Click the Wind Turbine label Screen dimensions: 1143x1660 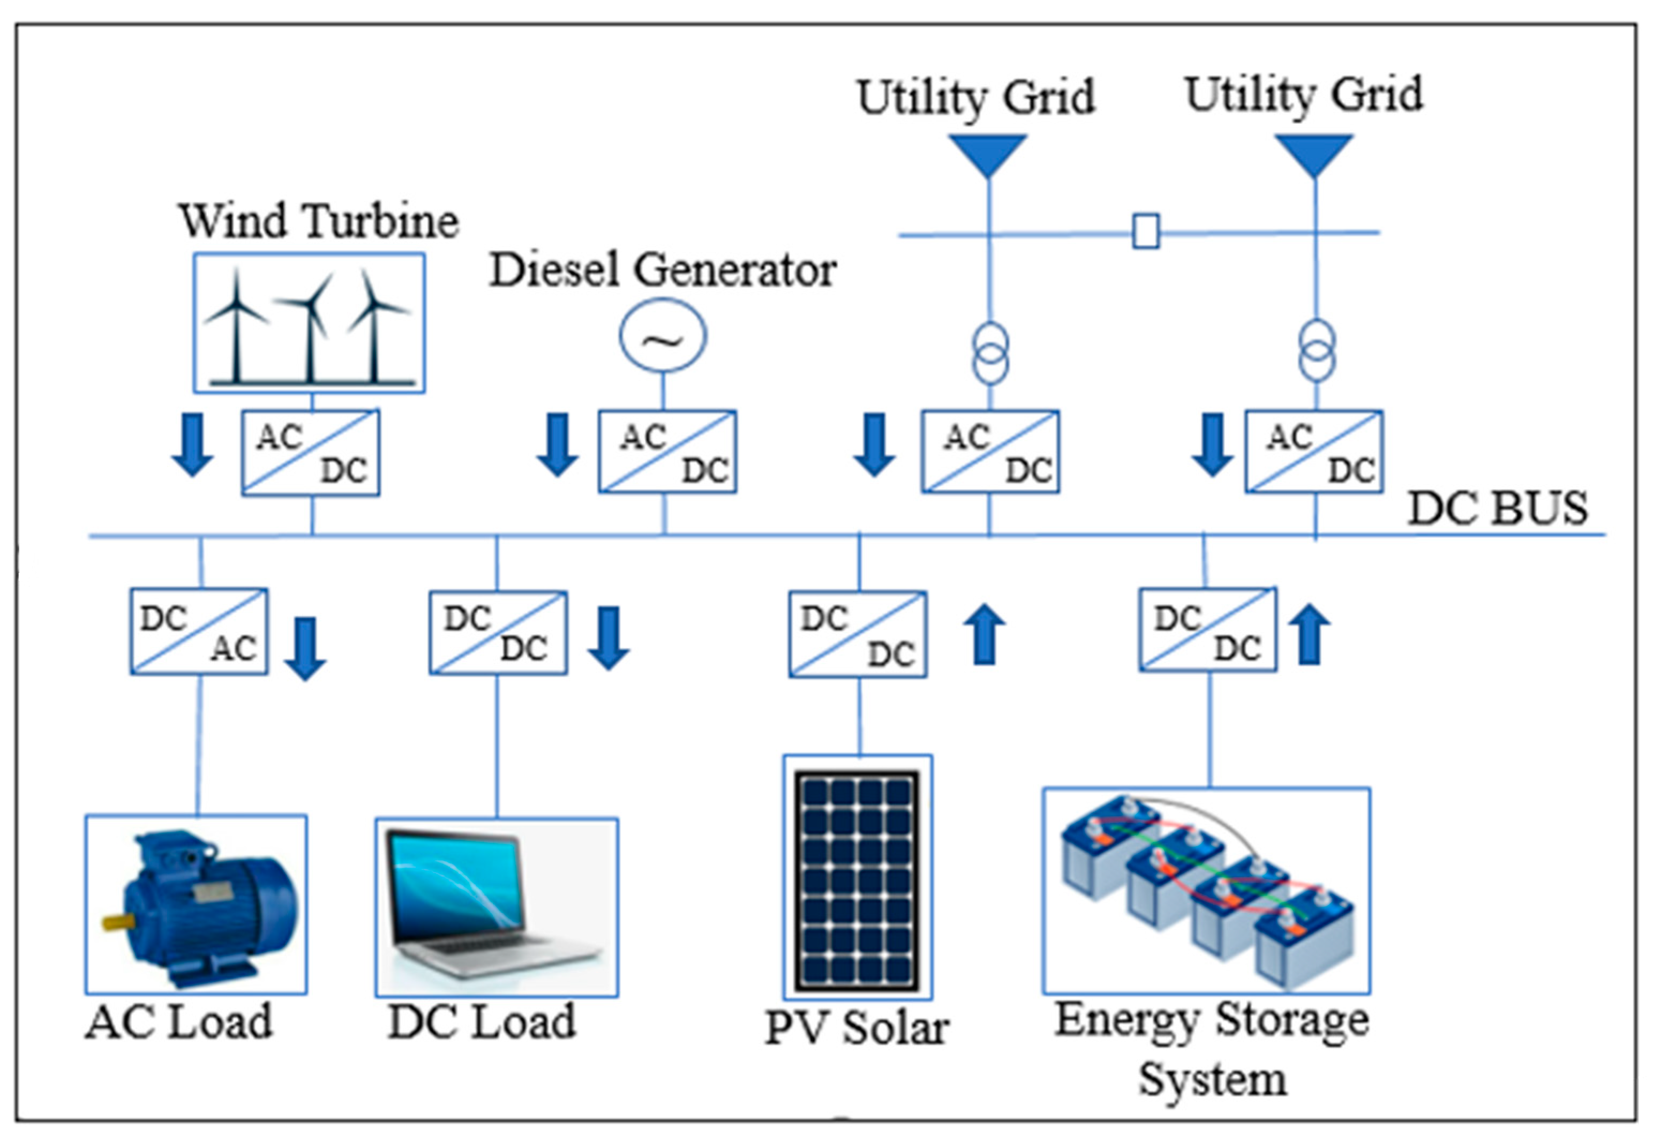319,221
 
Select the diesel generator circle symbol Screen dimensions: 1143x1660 663,336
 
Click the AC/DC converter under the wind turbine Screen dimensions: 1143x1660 310,453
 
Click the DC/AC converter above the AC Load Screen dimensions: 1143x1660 199,631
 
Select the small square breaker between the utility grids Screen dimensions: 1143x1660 1146,232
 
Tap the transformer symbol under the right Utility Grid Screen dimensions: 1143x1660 1316,351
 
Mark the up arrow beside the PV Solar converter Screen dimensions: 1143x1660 985,634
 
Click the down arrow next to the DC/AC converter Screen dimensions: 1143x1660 306,648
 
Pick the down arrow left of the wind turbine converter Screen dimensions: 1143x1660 193,445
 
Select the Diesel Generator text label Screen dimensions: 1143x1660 663,270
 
